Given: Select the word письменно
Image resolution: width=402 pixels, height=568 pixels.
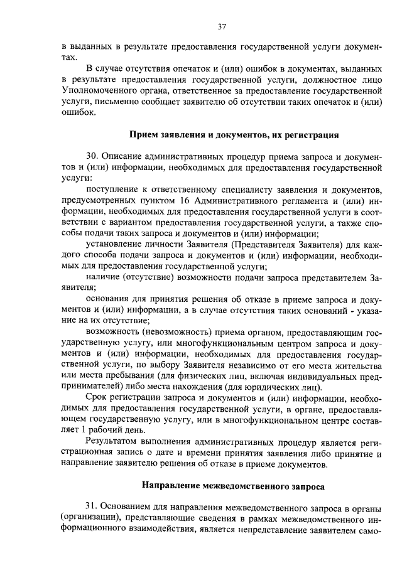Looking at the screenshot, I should (109, 103).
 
